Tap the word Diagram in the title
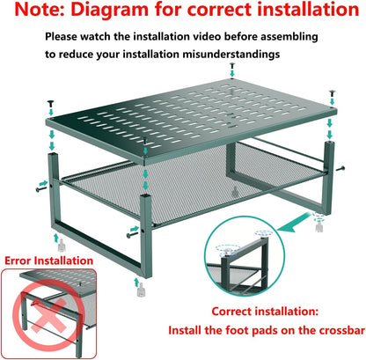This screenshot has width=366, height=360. coord(110,10)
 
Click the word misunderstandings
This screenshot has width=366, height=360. coord(231,54)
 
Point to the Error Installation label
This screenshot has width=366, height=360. coord(48,261)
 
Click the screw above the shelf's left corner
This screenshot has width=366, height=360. coord(51,104)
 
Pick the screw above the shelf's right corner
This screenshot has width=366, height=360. coord(333,93)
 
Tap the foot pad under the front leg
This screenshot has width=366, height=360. coord(141,291)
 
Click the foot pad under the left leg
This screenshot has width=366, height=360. coord(61,246)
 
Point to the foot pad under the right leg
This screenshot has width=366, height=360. coord(319,227)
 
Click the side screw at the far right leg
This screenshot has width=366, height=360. coord(340,168)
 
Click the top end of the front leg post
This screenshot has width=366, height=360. coord(146,196)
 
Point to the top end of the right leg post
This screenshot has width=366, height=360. coord(329,143)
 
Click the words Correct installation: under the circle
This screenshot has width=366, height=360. coord(265,311)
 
